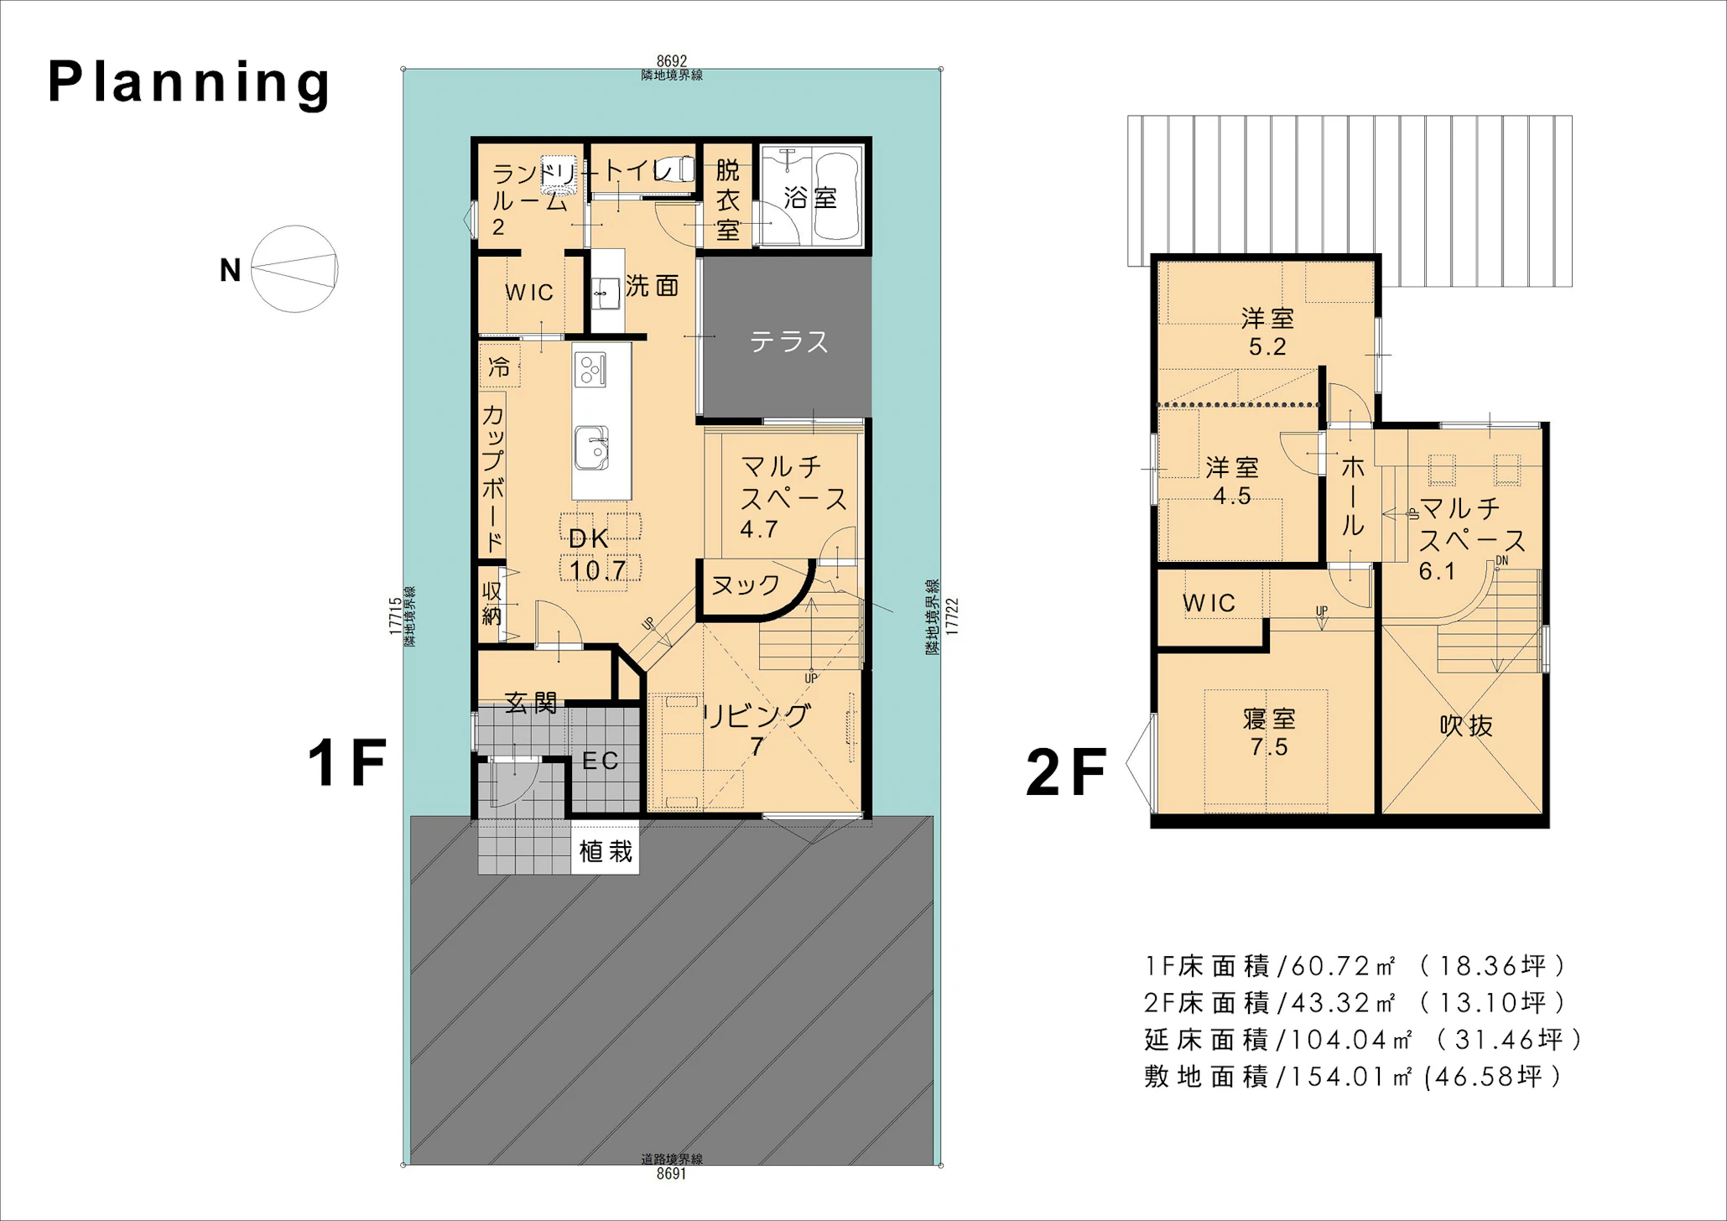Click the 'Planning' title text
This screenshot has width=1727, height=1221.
[x=190, y=83]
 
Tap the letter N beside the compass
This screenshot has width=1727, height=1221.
[x=230, y=270]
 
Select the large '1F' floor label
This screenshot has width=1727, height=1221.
[x=347, y=762]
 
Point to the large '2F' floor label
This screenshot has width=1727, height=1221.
[x=1066, y=772]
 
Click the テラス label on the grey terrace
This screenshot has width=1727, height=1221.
[x=788, y=341]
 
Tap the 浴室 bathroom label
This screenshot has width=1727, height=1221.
[x=810, y=198]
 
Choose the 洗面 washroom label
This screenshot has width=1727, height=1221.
[x=652, y=286]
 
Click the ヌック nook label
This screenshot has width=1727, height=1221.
[x=746, y=585]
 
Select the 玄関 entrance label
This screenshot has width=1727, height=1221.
[x=531, y=703]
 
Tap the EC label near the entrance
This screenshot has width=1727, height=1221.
[x=601, y=761]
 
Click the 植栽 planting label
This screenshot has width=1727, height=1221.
[x=606, y=852]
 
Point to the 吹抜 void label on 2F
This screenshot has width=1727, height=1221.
[x=1466, y=725]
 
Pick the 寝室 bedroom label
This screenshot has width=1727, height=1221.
[x=1269, y=719]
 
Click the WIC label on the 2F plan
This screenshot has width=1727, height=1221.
[x=1209, y=603]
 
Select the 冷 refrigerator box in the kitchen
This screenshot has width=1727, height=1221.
[x=500, y=367]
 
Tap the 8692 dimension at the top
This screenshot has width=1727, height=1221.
[x=672, y=61]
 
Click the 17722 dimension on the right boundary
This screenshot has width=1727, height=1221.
[x=951, y=616]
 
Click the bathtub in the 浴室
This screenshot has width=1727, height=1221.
[x=837, y=196]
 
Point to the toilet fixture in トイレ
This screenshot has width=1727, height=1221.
[x=675, y=169]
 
